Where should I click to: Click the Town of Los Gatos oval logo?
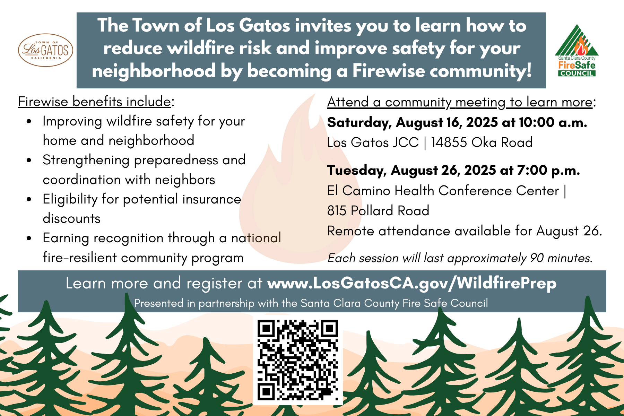(45, 50)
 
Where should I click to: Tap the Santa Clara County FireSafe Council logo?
(577, 50)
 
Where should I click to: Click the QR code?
(298, 360)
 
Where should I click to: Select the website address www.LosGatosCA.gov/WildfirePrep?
(412, 283)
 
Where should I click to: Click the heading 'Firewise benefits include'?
(94, 102)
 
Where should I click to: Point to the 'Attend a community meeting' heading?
(460, 102)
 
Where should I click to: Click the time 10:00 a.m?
(553, 122)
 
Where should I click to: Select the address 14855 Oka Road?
(482, 142)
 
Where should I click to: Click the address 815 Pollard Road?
(378, 211)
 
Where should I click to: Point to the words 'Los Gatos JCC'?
(373, 142)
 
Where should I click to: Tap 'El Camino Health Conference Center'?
(443, 191)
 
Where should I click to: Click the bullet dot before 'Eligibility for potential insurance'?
(29, 199)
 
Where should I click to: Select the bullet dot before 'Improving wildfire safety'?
(29, 122)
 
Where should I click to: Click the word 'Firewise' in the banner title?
(388, 71)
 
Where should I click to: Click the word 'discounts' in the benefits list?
(71, 218)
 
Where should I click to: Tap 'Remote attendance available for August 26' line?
(465, 231)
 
